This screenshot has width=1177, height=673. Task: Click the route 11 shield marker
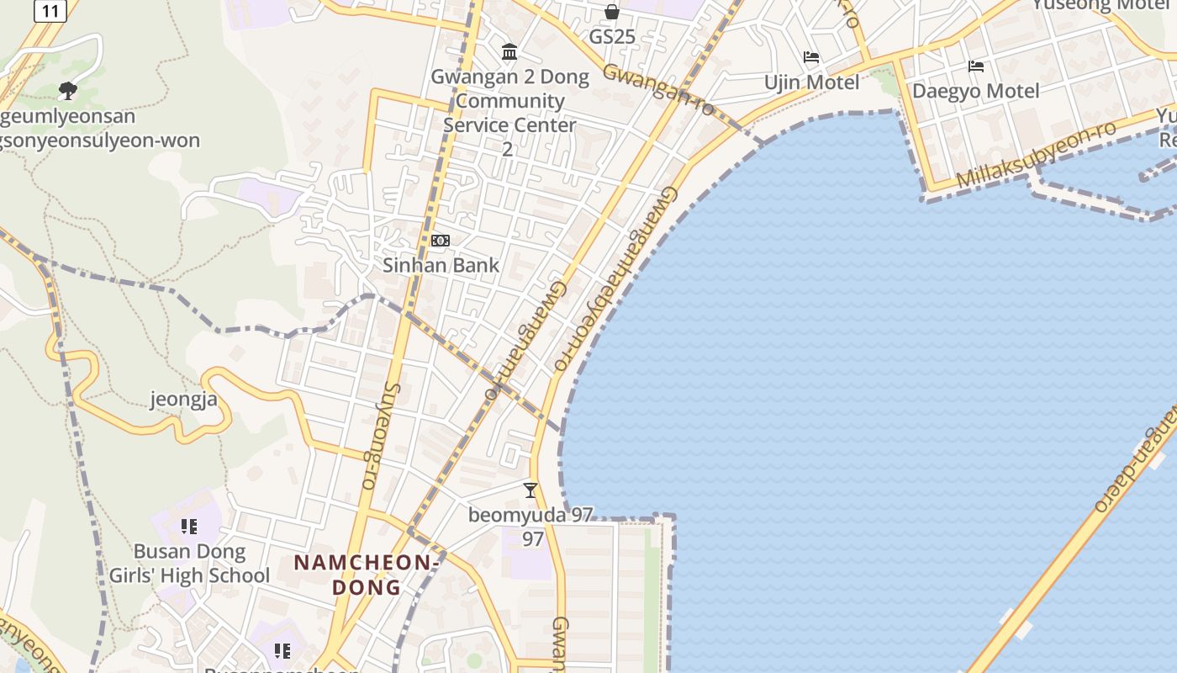point(50,11)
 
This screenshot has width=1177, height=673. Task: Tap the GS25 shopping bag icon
point(612,12)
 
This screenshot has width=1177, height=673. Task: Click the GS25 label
point(612,37)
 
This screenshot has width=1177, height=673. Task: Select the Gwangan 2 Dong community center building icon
point(509,52)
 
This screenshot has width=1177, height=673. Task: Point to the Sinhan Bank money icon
point(441,241)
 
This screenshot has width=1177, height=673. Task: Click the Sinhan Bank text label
point(441,265)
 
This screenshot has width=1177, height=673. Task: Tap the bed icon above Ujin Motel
point(811,57)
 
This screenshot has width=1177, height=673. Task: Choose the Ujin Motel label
point(811,82)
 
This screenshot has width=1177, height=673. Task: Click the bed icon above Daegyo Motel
point(976,66)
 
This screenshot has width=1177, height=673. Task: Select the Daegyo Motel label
point(976,91)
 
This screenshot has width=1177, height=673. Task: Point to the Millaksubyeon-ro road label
point(1036,155)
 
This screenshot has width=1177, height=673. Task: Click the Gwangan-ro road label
point(658,89)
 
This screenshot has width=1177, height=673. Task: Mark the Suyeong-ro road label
point(380,436)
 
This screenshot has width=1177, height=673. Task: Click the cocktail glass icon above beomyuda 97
point(530,490)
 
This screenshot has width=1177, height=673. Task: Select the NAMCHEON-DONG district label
point(367,574)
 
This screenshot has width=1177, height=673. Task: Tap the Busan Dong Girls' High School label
point(190,564)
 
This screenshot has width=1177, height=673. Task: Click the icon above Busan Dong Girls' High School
point(189,527)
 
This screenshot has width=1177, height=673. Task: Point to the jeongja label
point(184,399)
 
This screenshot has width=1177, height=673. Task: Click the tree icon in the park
point(68,91)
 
